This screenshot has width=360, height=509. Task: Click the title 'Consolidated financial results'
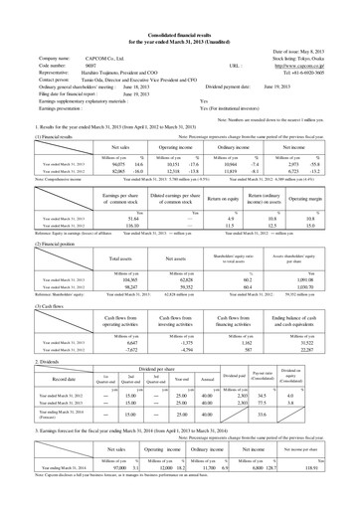coord(181,9)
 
